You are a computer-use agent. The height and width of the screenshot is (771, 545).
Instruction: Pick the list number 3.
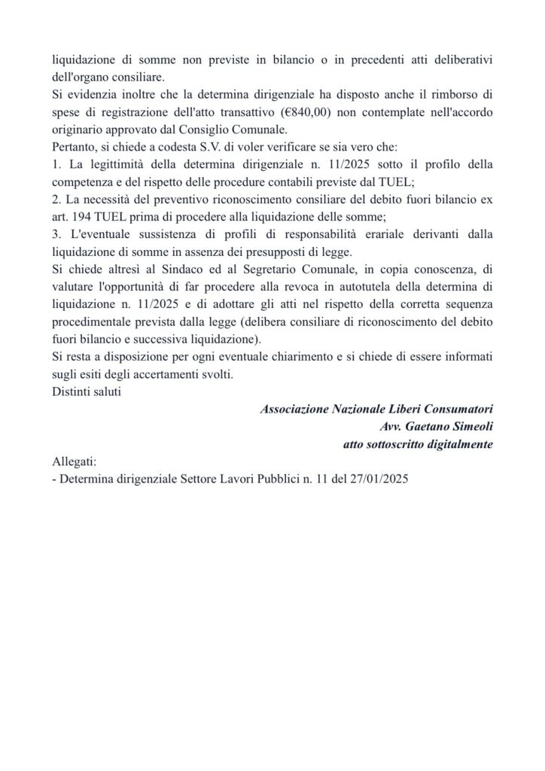click(x=56, y=234)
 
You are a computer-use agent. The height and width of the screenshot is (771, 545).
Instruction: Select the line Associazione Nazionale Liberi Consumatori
click(x=376, y=409)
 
